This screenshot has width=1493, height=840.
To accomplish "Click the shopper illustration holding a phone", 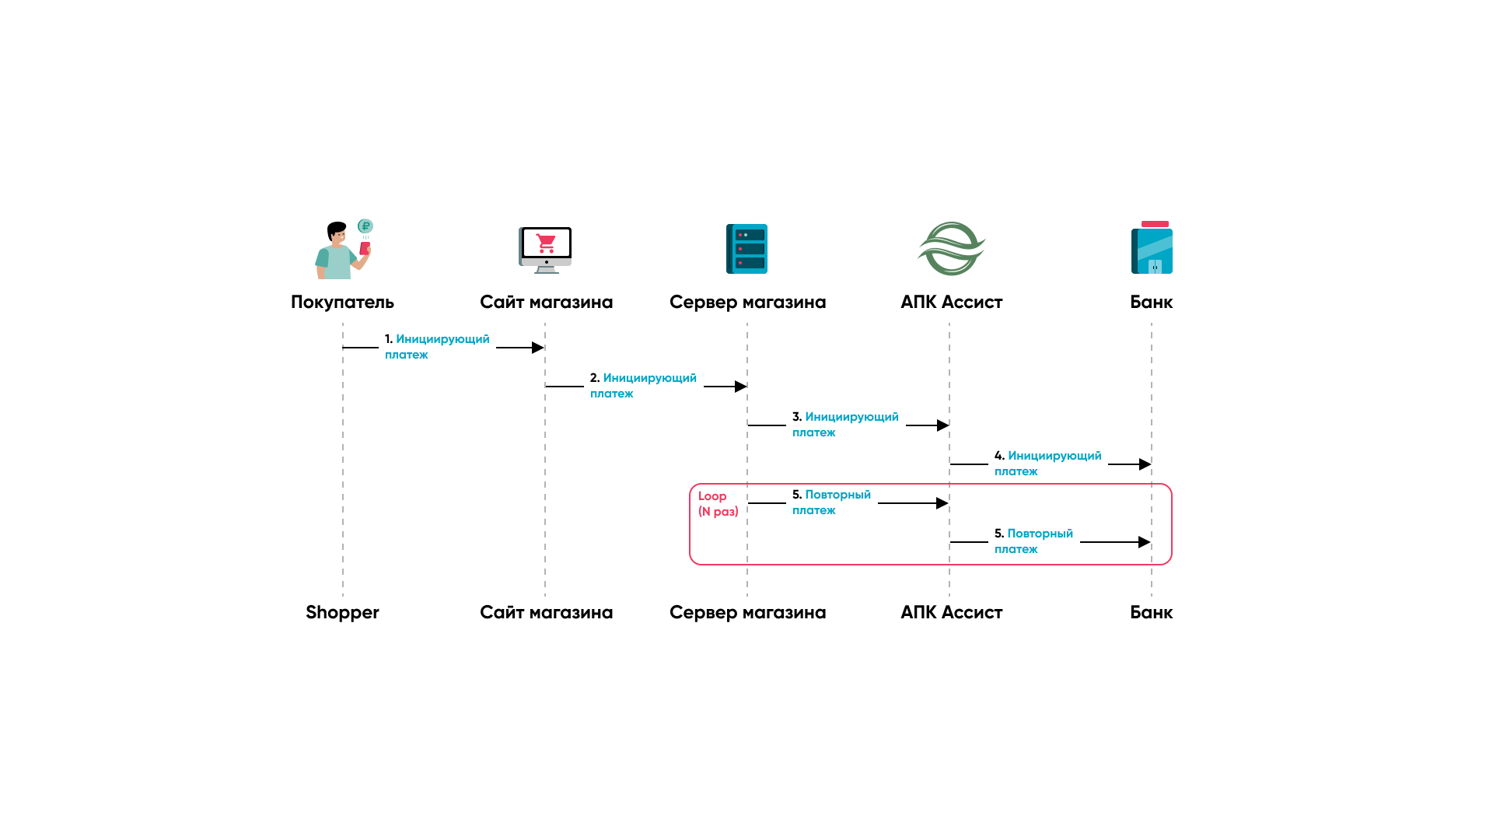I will pos(340,251).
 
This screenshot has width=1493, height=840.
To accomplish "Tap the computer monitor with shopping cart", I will pos(545,249).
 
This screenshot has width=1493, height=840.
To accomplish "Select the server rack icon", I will pos(746,249).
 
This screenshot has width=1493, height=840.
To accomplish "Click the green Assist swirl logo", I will pos(951,249).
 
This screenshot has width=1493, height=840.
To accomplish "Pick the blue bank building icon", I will pos(1152,249).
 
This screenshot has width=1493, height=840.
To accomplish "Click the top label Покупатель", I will pos(342,302).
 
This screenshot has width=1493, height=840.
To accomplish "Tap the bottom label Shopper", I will pos(342,612).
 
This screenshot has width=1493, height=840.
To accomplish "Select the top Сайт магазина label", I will pos(546,302).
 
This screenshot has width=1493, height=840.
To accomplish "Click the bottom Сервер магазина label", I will pos(747,612).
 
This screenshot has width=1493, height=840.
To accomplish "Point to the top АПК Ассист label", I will pos(951,302).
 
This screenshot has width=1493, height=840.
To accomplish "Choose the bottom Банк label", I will pos(1151,612).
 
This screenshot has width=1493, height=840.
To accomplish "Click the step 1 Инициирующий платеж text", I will pos(437,347).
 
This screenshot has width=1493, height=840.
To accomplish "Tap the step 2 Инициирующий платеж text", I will pos(643,386).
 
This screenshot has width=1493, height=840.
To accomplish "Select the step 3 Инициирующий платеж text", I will pos(845,425).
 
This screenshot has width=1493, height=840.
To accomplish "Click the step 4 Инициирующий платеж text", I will pos(1047,464).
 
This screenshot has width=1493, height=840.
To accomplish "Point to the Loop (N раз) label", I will pos(718,504).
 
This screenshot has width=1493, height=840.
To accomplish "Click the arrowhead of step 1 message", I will pos(537,348).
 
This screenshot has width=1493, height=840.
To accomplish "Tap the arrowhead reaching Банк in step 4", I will pos(1145,464).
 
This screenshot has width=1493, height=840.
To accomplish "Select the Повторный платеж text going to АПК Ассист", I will pos(831,502).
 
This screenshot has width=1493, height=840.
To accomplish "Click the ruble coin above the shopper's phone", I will pos(365,226).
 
